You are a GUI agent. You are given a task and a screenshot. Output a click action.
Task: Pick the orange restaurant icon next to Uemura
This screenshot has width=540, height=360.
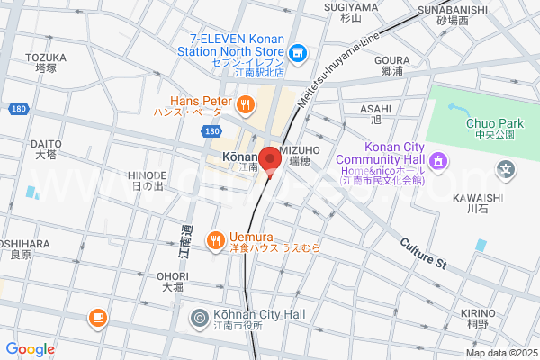[214, 239]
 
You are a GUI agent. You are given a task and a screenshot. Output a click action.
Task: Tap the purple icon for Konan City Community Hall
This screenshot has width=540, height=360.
[438, 161]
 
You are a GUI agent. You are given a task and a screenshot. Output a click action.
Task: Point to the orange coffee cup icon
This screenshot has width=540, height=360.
[97, 317]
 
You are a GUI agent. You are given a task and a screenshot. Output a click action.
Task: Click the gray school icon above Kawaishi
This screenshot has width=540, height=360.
[506, 168]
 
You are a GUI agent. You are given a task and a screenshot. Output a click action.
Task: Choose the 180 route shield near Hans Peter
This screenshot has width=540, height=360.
[211, 131]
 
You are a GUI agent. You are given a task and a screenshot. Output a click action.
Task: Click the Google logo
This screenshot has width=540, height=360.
[30, 349]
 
